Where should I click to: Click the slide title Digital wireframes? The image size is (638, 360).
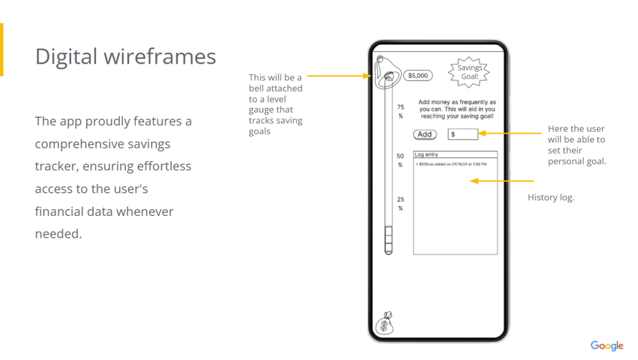click(x=125, y=57)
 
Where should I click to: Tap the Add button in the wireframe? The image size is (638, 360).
click(x=425, y=134)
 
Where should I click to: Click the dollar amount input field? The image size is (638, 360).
click(x=463, y=134)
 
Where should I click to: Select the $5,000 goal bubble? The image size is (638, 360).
click(x=417, y=75)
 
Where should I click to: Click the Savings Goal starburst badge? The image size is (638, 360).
click(x=470, y=72)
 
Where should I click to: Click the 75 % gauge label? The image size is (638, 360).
click(x=400, y=111)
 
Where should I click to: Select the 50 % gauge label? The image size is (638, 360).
click(x=400, y=160)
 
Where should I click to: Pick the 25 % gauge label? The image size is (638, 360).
click(x=400, y=203)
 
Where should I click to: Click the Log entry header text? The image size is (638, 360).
click(x=427, y=154)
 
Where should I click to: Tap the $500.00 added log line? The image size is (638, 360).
click(x=451, y=164)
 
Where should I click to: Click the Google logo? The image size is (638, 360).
click(x=607, y=346)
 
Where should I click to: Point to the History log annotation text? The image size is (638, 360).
click(x=551, y=197)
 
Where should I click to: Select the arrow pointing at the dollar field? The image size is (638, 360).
click(x=511, y=133)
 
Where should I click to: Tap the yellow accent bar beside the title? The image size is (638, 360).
click(x=1, y=49)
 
